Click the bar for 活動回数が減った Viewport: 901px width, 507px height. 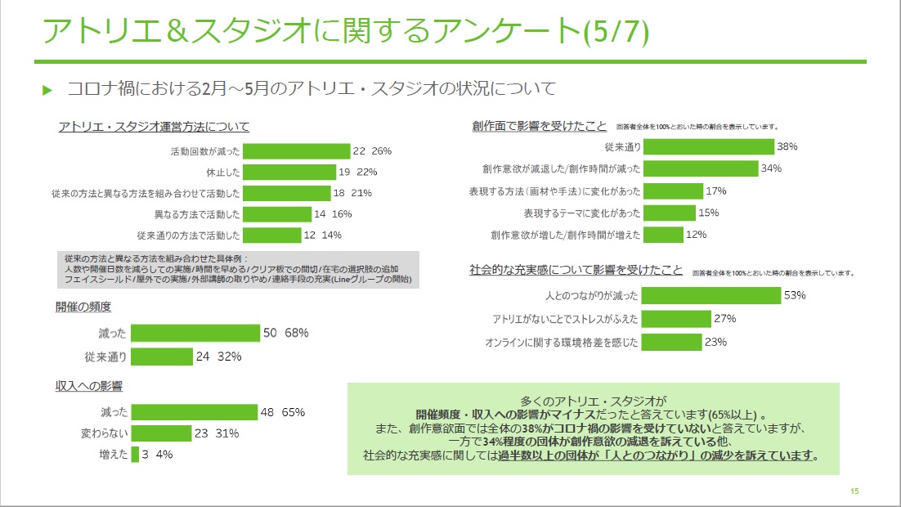[296, 151]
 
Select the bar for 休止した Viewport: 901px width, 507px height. [290, 172]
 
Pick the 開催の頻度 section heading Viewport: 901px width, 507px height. [83, 307]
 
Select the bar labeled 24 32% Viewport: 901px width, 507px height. [161, 357]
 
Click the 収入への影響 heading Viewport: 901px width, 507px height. [89, 384]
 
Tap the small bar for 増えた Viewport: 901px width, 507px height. [135, 455]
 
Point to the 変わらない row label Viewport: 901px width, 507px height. [102, 433]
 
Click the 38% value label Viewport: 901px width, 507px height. [787, 147]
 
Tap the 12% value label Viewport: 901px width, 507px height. [697, 235]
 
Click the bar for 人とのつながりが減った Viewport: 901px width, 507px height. [711, 295]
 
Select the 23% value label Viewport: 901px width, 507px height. [715, 342]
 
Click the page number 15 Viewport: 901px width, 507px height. [854, 491]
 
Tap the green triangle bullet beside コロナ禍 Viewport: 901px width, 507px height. [47, 89]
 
